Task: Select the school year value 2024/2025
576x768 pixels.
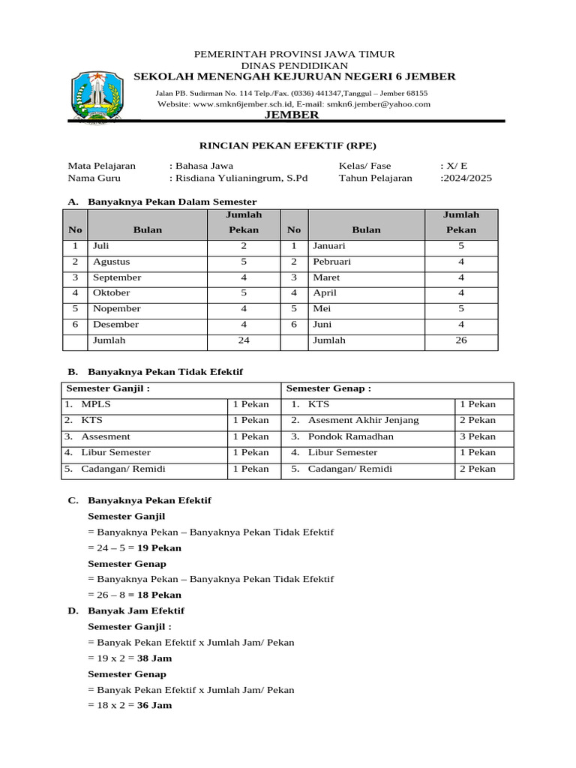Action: click(x=467, y=178)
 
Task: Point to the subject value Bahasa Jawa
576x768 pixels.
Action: click(x=204, y=166)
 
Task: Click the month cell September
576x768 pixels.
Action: click(x=117, y=277)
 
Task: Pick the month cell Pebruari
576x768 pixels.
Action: click(x=332, y=262)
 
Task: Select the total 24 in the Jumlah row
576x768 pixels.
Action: click(x=244, y=340)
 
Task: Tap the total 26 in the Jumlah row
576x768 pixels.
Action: click(x=461, y=340)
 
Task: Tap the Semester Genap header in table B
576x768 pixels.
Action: click(x=328, y=388)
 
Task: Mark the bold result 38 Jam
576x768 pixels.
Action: click(x=154, y=658)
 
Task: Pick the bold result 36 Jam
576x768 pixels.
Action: click(x=154, y=706)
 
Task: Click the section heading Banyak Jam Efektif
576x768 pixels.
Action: click(x=136, y=610)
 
